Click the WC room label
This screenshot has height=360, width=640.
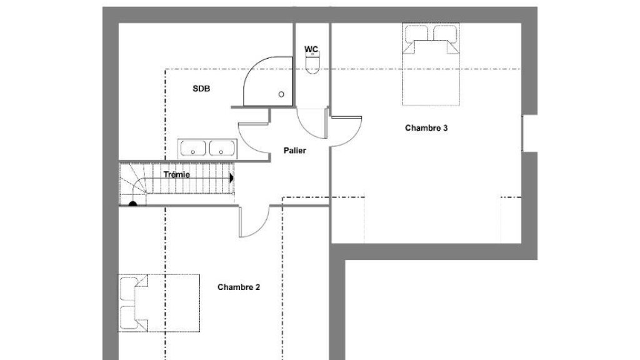[x=311, y=49]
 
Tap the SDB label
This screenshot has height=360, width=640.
[x=201, y=89]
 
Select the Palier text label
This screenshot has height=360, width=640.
[x=295, y=151]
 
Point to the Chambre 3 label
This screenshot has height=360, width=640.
[x=426, y=127]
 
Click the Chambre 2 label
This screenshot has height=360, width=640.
[x=238, y=287]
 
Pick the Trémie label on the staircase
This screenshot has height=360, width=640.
[x=177, y=175]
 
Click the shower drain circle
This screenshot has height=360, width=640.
[x=281, y=94]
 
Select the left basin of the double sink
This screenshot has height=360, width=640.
[x=193, y=148]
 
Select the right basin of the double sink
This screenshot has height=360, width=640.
[x=222, y=148]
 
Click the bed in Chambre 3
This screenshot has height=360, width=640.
[x=431, y=64]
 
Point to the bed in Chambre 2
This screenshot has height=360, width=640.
[x=159, y=303]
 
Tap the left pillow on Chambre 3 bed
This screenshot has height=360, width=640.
[x=416, y=34]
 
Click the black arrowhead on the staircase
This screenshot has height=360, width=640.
[x=231, y=178]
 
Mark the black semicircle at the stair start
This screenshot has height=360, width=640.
[x=132, y=203]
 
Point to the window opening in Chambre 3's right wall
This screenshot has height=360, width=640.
[x=530, y=134]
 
